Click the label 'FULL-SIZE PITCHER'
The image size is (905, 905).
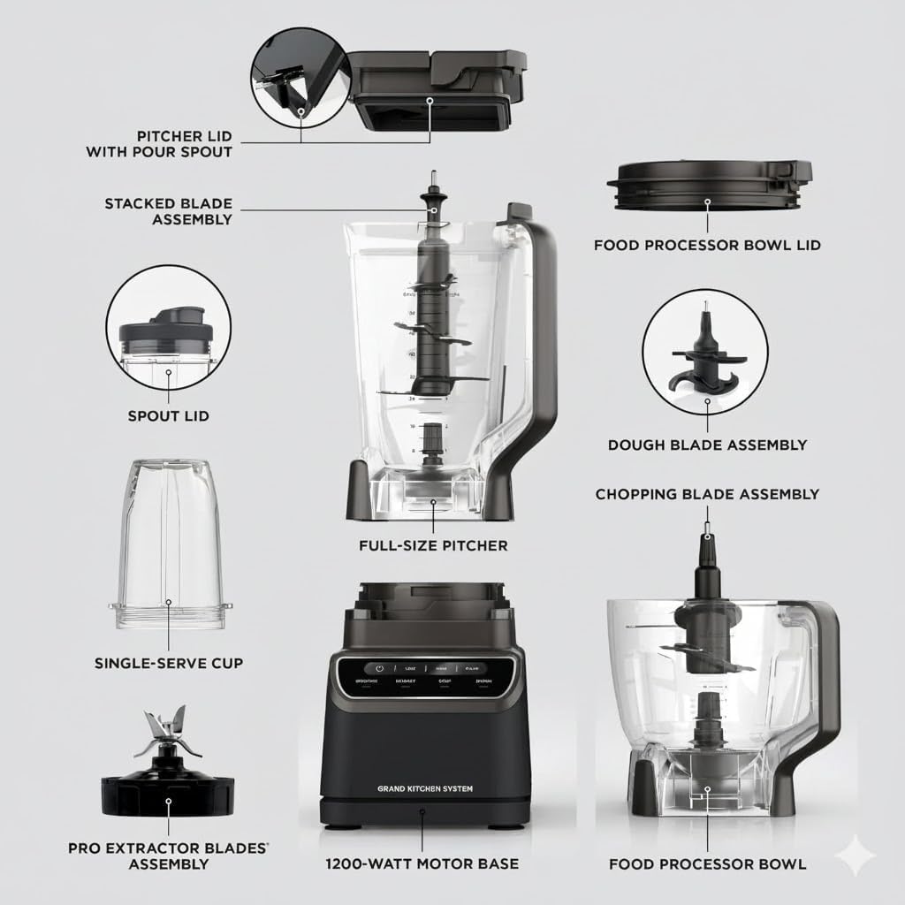pyautogui.click(x=433, y=545)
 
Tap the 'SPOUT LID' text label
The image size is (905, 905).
pyautogui.click(x=168, y=415)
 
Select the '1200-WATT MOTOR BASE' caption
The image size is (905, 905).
pyautogui.click(x=422, y=863)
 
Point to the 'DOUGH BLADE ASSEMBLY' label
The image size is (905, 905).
pyautogui.click(x=707, y=445)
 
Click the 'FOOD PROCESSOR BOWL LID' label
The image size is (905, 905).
pyautogui.click(x=707, y=245)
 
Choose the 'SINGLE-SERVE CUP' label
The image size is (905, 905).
pyautogui.click(x=168, y=662)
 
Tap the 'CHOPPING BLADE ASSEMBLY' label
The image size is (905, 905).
pyautogui.click(x=707, y=494)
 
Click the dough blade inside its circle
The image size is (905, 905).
pyautogui.click(x=705, y=354)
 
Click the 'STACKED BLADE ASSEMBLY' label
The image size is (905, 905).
pyautogui.click(x=168, y=211)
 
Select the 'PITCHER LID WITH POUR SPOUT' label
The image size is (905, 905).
pyautogui.click(x=159, y=143)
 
